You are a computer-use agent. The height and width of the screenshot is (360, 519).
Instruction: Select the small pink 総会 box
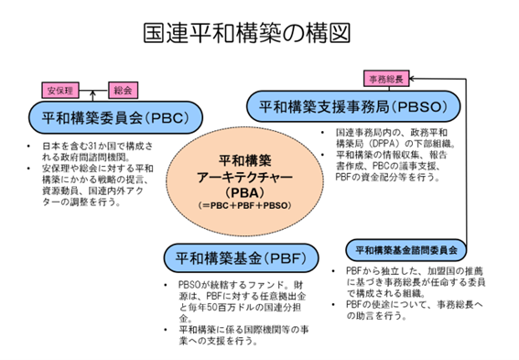click(123, 90)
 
